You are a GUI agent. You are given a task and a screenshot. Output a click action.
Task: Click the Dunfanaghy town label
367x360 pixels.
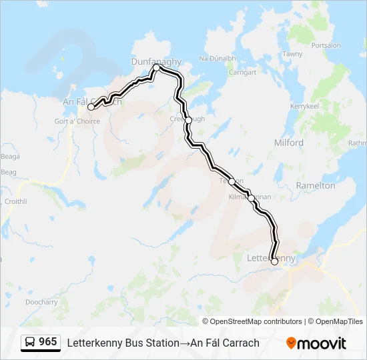click(156, 61)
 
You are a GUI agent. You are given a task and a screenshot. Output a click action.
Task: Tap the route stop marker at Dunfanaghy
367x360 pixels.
click(156, 68)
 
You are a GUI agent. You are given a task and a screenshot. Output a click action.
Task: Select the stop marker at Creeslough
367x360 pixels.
click(189, 120)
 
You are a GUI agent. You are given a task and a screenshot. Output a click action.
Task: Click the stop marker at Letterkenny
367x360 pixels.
click(274, 261)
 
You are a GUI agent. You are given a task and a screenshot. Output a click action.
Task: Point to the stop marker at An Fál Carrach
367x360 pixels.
click(91, 107)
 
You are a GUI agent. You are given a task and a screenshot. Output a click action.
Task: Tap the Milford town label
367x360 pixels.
click(288, 143)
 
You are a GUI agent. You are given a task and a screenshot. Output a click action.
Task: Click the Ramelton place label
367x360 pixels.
click(316, 185)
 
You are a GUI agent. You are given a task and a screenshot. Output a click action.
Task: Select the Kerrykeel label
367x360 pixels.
click(306, 107)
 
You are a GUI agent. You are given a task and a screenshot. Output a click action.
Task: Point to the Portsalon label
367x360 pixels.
click(326, 45)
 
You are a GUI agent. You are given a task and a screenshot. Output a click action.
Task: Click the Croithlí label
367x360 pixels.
click(15, 201)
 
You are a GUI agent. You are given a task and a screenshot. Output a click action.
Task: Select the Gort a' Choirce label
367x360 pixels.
click(77, 121)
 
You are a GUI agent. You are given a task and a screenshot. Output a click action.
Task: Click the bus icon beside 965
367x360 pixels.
click(30, 343)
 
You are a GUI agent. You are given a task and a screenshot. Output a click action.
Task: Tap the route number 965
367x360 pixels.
click(48, 342)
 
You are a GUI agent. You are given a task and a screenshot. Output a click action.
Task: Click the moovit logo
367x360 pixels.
click(316, 343)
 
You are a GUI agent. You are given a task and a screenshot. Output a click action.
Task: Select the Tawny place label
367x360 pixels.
click(292, 54)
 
